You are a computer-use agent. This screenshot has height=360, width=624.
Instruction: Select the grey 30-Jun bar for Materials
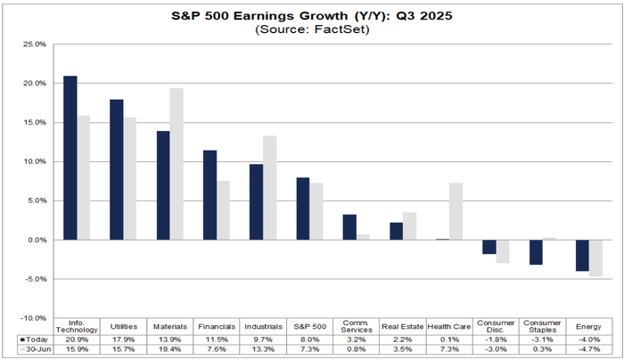point(177,164)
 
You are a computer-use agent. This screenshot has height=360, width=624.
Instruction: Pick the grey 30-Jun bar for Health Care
point(455,211)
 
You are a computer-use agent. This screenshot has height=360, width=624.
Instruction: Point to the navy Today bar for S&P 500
point(302,209)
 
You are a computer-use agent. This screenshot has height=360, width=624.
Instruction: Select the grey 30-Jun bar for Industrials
point(270,187)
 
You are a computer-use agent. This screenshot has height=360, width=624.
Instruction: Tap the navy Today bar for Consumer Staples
point(536,252)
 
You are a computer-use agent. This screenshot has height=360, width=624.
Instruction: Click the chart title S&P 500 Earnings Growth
point(313,16)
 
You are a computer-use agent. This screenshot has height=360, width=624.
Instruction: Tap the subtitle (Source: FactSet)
point(313,29)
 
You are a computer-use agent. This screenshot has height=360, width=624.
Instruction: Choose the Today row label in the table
point(37,340)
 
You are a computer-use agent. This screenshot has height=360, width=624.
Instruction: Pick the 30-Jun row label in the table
point(37,350)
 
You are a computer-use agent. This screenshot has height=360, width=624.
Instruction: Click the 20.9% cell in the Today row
point(77,340)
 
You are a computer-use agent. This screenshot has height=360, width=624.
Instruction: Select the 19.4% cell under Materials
point(169,350)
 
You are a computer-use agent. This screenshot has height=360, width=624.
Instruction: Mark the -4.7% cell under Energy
point(588,350)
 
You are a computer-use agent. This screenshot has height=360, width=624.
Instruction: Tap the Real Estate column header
point(402,326)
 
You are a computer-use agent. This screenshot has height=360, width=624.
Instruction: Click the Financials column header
point(216,326)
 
